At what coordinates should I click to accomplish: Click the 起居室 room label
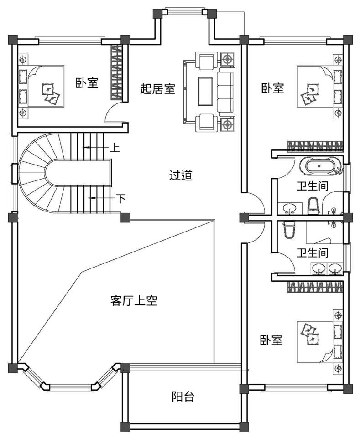coord(157,88)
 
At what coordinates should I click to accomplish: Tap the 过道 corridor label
coord(181,175)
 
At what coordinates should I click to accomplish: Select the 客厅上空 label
coord(134,300)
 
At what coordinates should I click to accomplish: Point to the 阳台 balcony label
coord(183,397)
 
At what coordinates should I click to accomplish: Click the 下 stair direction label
coord(120,199)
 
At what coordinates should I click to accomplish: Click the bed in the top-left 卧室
coord(41,87)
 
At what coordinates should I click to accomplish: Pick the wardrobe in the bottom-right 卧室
coord(314,287)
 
